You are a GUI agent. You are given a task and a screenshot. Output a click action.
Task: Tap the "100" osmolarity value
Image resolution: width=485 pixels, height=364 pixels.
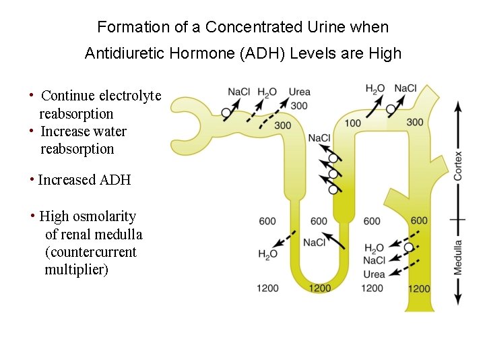(352, 123)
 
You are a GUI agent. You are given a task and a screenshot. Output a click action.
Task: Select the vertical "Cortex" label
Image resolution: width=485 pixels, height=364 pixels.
(459, 164)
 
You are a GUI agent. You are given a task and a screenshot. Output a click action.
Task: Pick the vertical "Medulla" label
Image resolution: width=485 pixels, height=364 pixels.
(459, 257)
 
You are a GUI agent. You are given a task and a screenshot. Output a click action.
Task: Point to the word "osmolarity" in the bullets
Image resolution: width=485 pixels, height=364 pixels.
(104, 216)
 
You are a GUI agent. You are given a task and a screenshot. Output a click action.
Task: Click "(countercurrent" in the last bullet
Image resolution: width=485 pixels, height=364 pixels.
(90, 252)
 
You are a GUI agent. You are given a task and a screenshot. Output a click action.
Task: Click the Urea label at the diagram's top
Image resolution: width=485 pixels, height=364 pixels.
(299, 92)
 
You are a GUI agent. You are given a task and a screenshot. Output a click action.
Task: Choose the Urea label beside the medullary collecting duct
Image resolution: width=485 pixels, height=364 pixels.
(374, 274)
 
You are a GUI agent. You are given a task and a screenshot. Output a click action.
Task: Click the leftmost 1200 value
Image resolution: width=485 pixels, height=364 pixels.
(267, 289)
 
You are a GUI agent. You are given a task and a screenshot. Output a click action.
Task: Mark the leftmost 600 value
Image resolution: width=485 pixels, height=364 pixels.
(267, 221)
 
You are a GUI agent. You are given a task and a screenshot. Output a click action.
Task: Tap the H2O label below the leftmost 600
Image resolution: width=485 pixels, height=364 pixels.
(267, 254)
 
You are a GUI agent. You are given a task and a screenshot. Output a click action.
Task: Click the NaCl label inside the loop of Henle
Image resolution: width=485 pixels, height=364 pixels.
(315, 243)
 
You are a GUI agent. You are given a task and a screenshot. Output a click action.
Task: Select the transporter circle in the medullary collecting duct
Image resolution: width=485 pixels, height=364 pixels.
(409, 247)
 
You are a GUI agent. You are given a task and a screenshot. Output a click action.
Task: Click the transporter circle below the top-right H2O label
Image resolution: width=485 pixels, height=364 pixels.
(391, 109)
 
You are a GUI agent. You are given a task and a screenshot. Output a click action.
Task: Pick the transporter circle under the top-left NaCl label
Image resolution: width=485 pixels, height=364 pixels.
(226, 113)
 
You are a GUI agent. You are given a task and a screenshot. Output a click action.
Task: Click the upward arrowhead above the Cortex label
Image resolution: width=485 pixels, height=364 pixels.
(459, 107)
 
